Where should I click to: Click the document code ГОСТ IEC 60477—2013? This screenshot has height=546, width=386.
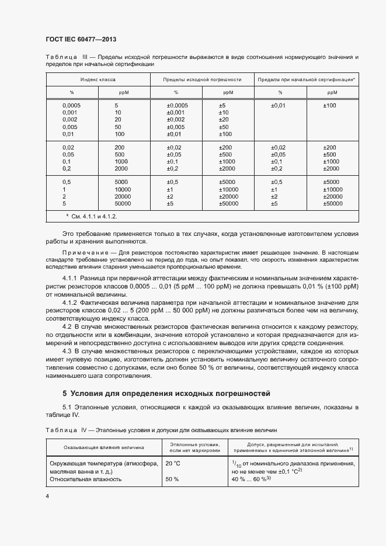coord(81,39)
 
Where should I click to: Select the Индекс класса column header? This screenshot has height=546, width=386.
coord(97,79)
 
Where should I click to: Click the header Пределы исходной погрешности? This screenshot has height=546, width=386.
coord(202,79)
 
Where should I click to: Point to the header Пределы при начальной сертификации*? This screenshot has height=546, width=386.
coord(306,79)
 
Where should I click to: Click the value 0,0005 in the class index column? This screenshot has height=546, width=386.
coord(72,105)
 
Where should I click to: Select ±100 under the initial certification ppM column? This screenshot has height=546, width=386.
coord(330,105)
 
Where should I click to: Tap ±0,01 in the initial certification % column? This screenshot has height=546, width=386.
coord(278,105)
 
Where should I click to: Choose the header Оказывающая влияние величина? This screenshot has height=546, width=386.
coord(100,448)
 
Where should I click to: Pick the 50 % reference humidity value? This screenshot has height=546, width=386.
coord(172,479)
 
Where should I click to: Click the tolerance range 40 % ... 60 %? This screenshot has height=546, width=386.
coord(249,479)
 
